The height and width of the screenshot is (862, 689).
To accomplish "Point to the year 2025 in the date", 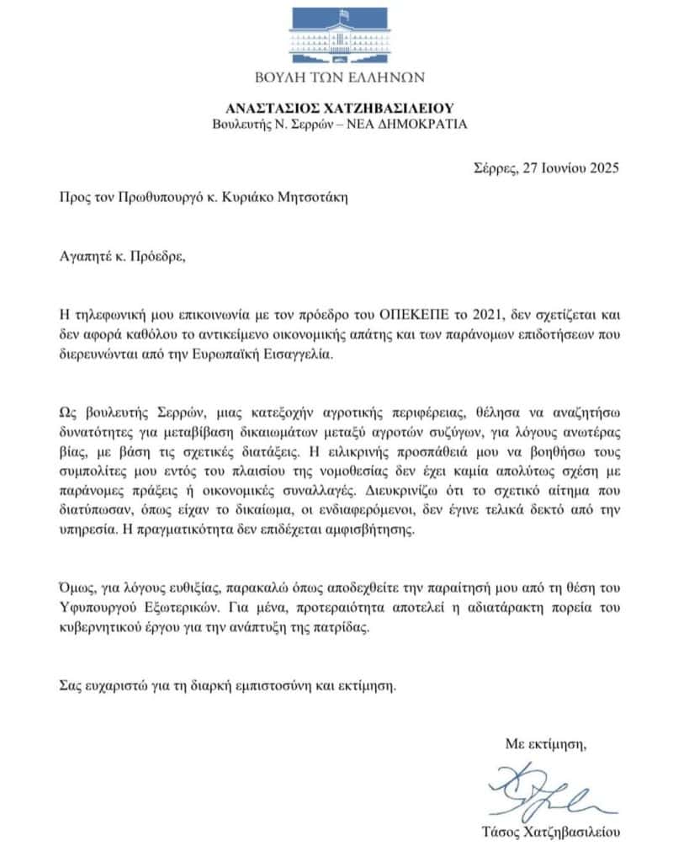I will (x=601, y=167).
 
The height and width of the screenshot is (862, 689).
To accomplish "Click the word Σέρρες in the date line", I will (x=495, y=167).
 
